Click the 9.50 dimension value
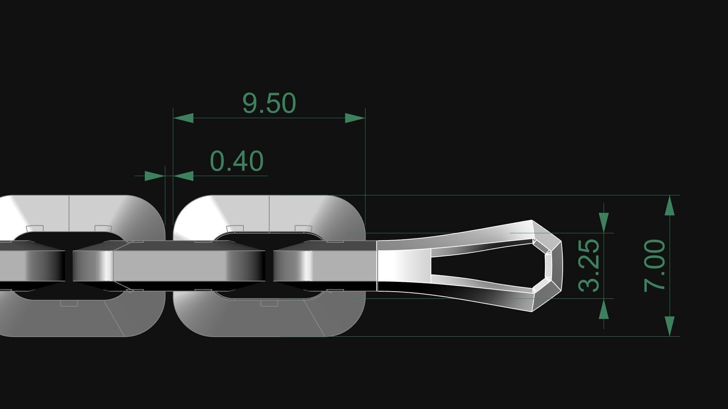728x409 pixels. pos(269,103)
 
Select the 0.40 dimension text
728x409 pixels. pos(237,161)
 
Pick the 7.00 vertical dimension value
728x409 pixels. pos(655,265)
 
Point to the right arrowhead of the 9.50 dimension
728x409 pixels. pos(355,118)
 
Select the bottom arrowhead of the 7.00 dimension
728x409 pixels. pos(670,326)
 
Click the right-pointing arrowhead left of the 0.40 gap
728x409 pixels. pos(155,176)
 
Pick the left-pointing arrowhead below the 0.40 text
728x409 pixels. pos(184,176)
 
